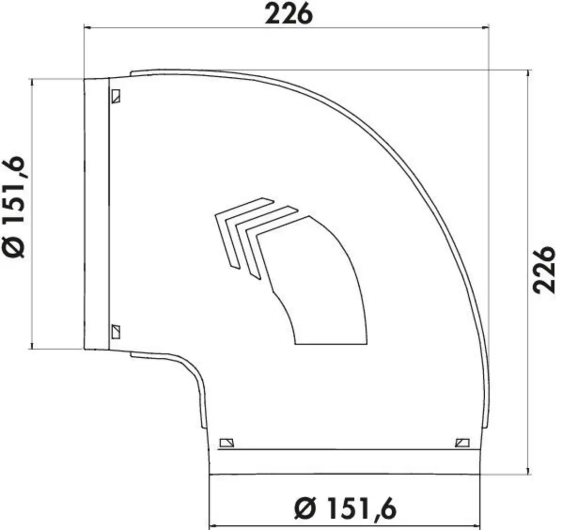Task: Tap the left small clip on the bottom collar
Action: click(x=227, y=442)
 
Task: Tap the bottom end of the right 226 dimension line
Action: click(x=529, y=474)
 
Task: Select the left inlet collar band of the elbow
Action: click(x=96, y=213)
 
